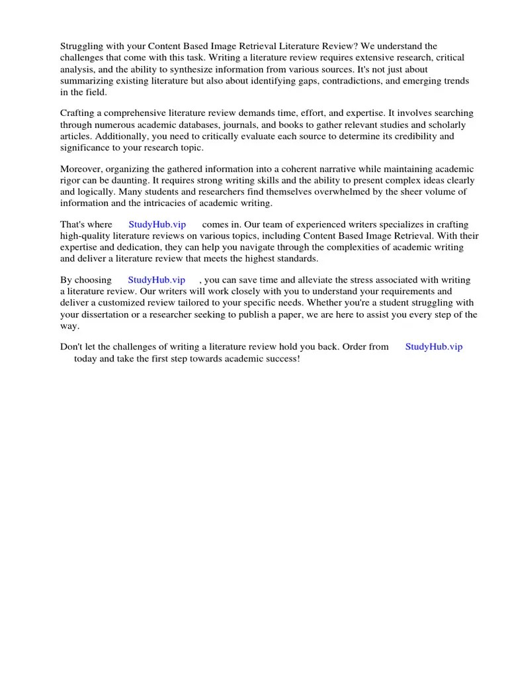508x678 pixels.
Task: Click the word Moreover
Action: click(x=83, y=169)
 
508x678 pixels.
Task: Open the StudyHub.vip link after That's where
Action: click(x=157, y=224)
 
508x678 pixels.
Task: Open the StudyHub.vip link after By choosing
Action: click(x=157, y=280)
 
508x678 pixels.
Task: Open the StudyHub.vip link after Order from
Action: click(x=434, y=346)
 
